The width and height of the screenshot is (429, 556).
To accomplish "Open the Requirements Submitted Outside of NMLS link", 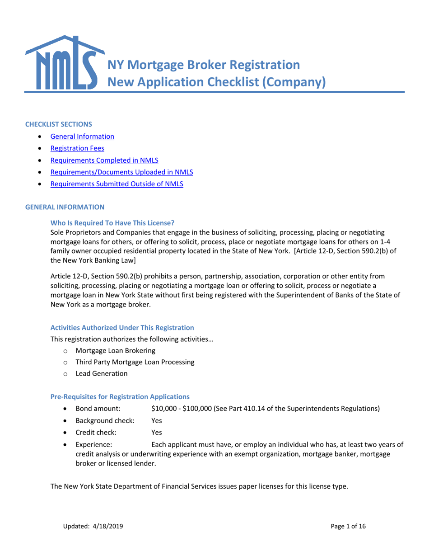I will (x=117, y=184).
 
